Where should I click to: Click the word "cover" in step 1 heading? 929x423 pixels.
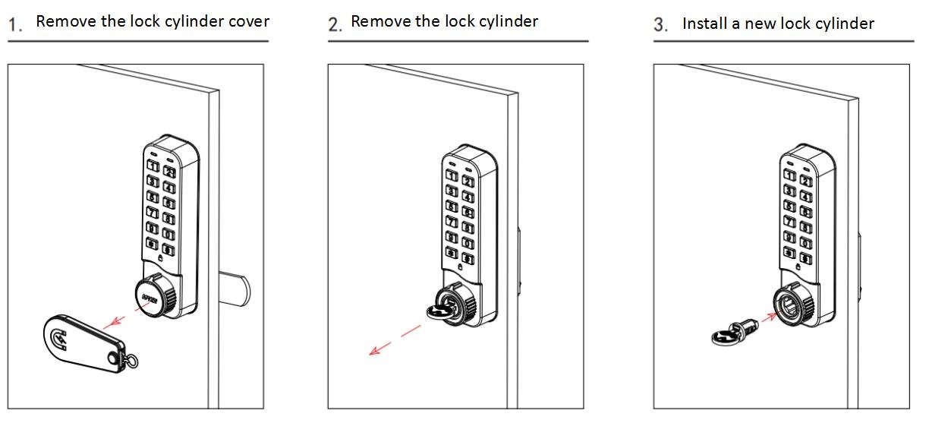(x=244, y=21)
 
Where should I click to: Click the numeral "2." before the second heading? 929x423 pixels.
(x=335, y=24)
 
